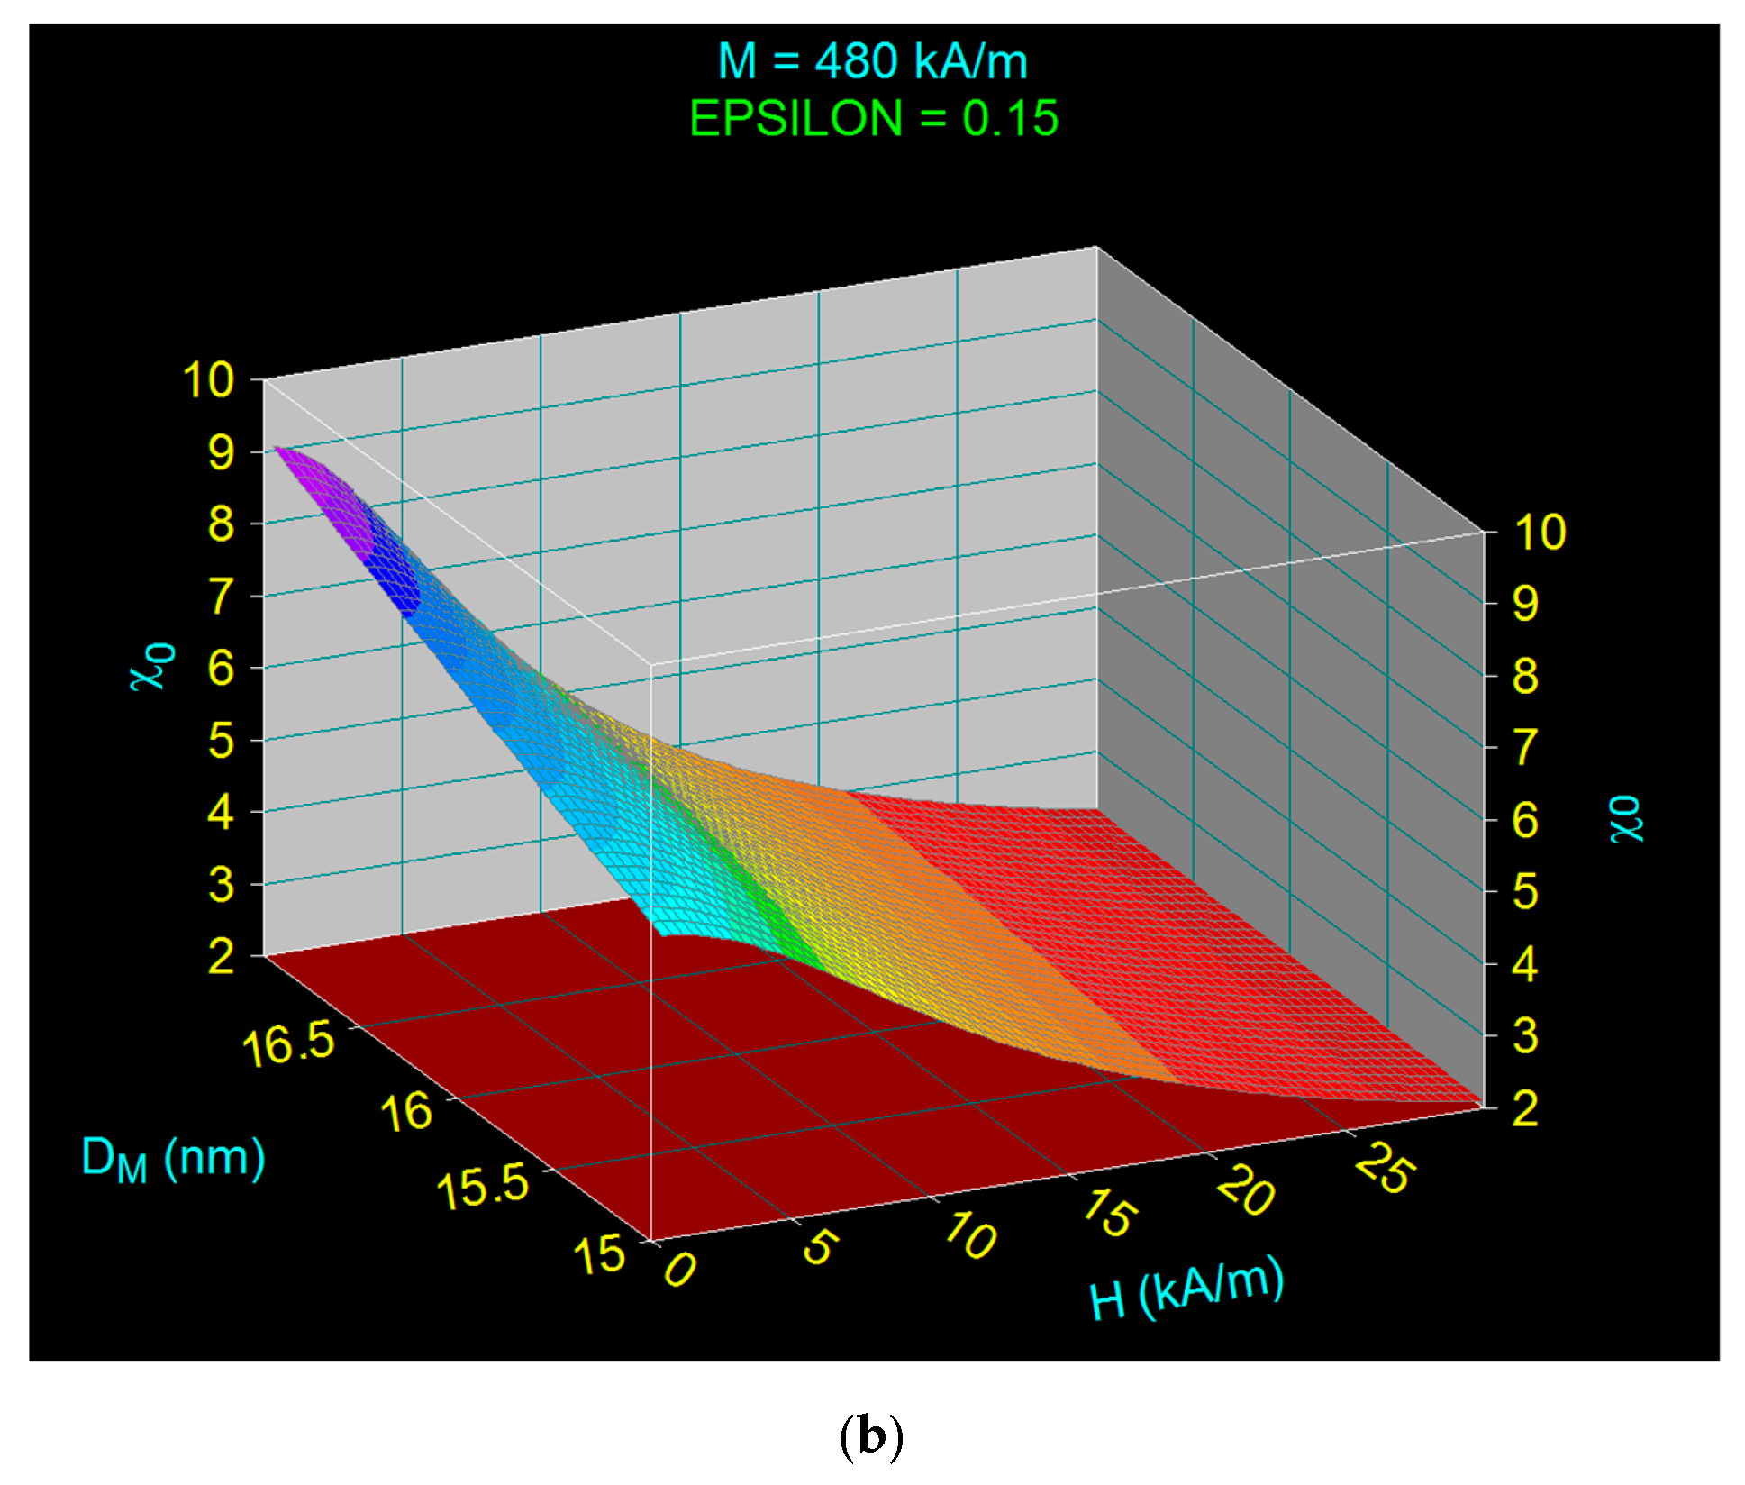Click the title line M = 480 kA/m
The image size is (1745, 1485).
click(872, 62)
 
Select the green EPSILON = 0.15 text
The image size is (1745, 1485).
click(873, 119)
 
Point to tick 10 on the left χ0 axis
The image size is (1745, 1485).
click(208, 379)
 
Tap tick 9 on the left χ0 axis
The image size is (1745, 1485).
click(221, 451)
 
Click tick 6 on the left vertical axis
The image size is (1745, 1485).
click(221, 669)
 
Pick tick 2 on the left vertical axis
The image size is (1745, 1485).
click(221, 956)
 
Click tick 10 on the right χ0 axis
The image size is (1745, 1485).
click(1540, 532)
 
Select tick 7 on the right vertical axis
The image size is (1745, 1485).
click(1524, 748)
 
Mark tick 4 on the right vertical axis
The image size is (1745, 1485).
click(1524, 964)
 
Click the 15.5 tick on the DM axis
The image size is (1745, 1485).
click(483, 1185)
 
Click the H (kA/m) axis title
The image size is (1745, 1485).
click(1186, 1289)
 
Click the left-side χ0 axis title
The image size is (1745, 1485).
click(153, 667)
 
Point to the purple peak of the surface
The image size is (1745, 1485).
click(324, 487)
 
